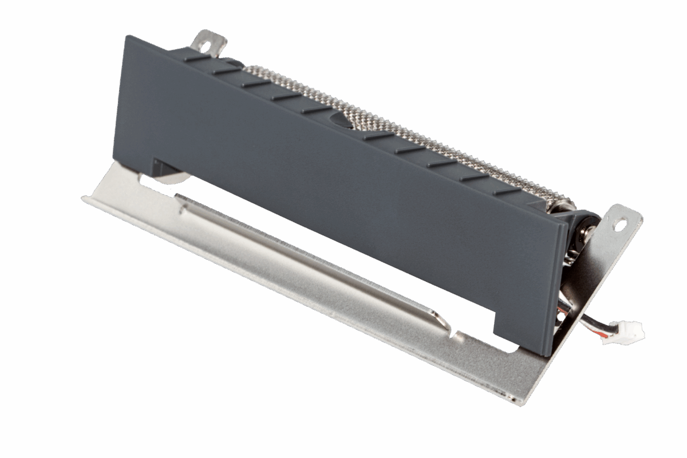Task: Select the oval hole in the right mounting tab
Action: pyautogui.click(x=619, y=224)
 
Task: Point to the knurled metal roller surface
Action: pyautogui.click(x=401, y=126)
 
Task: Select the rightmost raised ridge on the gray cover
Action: pyautogui.click(x=506, y=191)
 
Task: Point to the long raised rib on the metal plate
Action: pyautogui.click(x=309, y=258)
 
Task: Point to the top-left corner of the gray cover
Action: pyautogui.click(x=127, y=37)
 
